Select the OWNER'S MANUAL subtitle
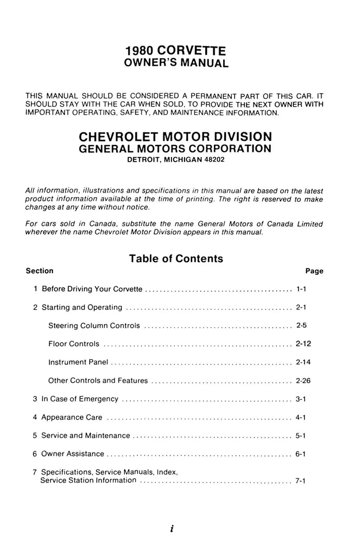[177, 63]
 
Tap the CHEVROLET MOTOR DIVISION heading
[175, 137]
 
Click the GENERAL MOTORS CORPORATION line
[175, 148]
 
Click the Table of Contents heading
[176, 259]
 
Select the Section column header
[40, 271]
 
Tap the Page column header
[314, 271]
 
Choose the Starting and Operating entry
[82, 308]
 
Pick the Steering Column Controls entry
[94, 325]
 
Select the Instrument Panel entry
[78, 362]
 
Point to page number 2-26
[303, 381]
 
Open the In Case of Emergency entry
[80, 398]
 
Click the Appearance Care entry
[72, 417]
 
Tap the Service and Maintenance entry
[86, 435]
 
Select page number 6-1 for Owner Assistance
[300, 454]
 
